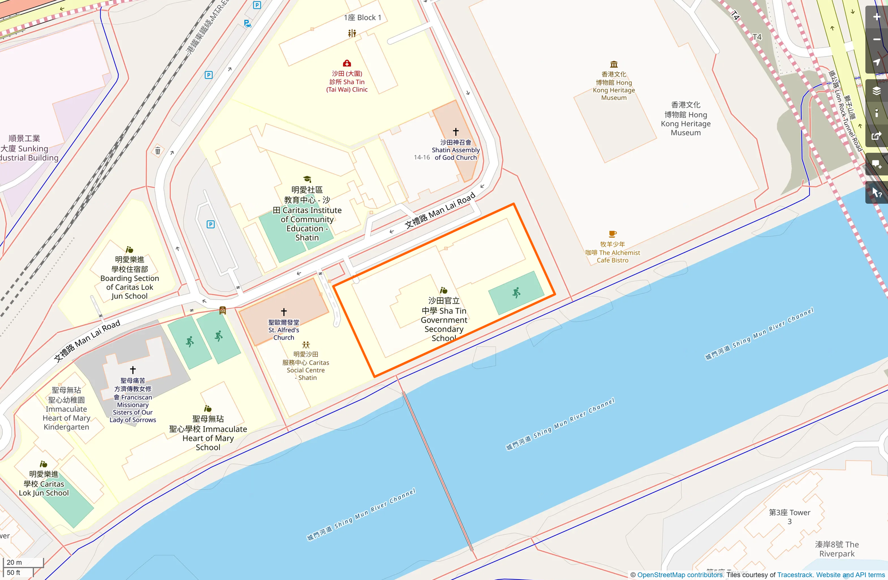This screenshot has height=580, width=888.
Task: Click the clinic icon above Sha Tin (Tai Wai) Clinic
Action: tap(347, 63)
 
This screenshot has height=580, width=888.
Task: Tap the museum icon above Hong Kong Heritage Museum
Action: tap(614, 64)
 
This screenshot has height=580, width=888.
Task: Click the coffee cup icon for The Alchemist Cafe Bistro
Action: tap(612, 234)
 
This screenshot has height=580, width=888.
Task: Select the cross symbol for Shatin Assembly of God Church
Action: tap(455, 132)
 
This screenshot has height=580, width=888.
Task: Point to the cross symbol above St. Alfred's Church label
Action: tap(284, 312)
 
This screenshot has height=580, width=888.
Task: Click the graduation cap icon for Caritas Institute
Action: tap(307, 179)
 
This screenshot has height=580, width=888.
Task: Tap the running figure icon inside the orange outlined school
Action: tap(517, 293)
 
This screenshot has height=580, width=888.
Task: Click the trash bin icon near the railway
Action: tap(158, 151)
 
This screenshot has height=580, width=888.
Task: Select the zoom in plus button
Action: tap(876, 17)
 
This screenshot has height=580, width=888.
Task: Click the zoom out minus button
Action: tap(876, 40)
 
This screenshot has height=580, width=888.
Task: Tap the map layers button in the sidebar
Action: tap(876, 91)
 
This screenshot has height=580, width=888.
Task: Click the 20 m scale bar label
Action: tap(14, 562)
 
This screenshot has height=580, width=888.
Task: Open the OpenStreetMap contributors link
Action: tap(680, 575)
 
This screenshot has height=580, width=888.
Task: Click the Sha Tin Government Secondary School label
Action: tap(444, 319)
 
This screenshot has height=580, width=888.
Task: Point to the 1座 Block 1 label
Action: tap(362, 17)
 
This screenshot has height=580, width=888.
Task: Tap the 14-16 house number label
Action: tap(421, 157)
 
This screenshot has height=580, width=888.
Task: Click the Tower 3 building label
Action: tap(789, 517)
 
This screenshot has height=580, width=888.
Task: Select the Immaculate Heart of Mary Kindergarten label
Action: tap(66, 409)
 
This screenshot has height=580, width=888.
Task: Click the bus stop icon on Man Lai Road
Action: tap(222, 310)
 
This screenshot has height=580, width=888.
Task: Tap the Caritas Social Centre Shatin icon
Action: tap(306, 345)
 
